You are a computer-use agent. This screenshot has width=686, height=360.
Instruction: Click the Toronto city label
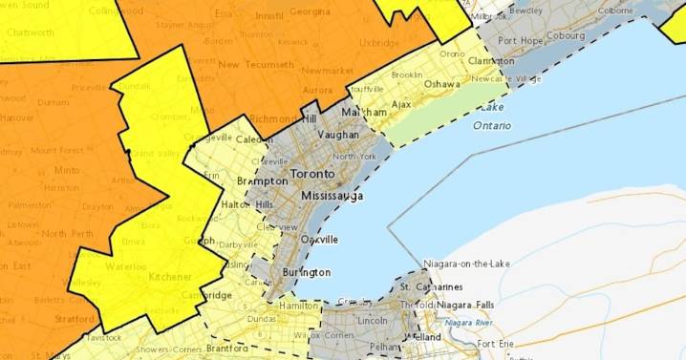[311, 175]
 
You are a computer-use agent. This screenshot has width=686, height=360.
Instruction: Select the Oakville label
[320, 240]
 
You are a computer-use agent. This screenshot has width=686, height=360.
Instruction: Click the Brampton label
[262, 180]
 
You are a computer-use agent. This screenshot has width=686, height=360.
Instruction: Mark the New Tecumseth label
[254, 64]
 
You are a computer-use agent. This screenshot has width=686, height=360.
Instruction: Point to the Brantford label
[227, 349]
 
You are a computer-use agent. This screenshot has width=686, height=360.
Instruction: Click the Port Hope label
[520, 40]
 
